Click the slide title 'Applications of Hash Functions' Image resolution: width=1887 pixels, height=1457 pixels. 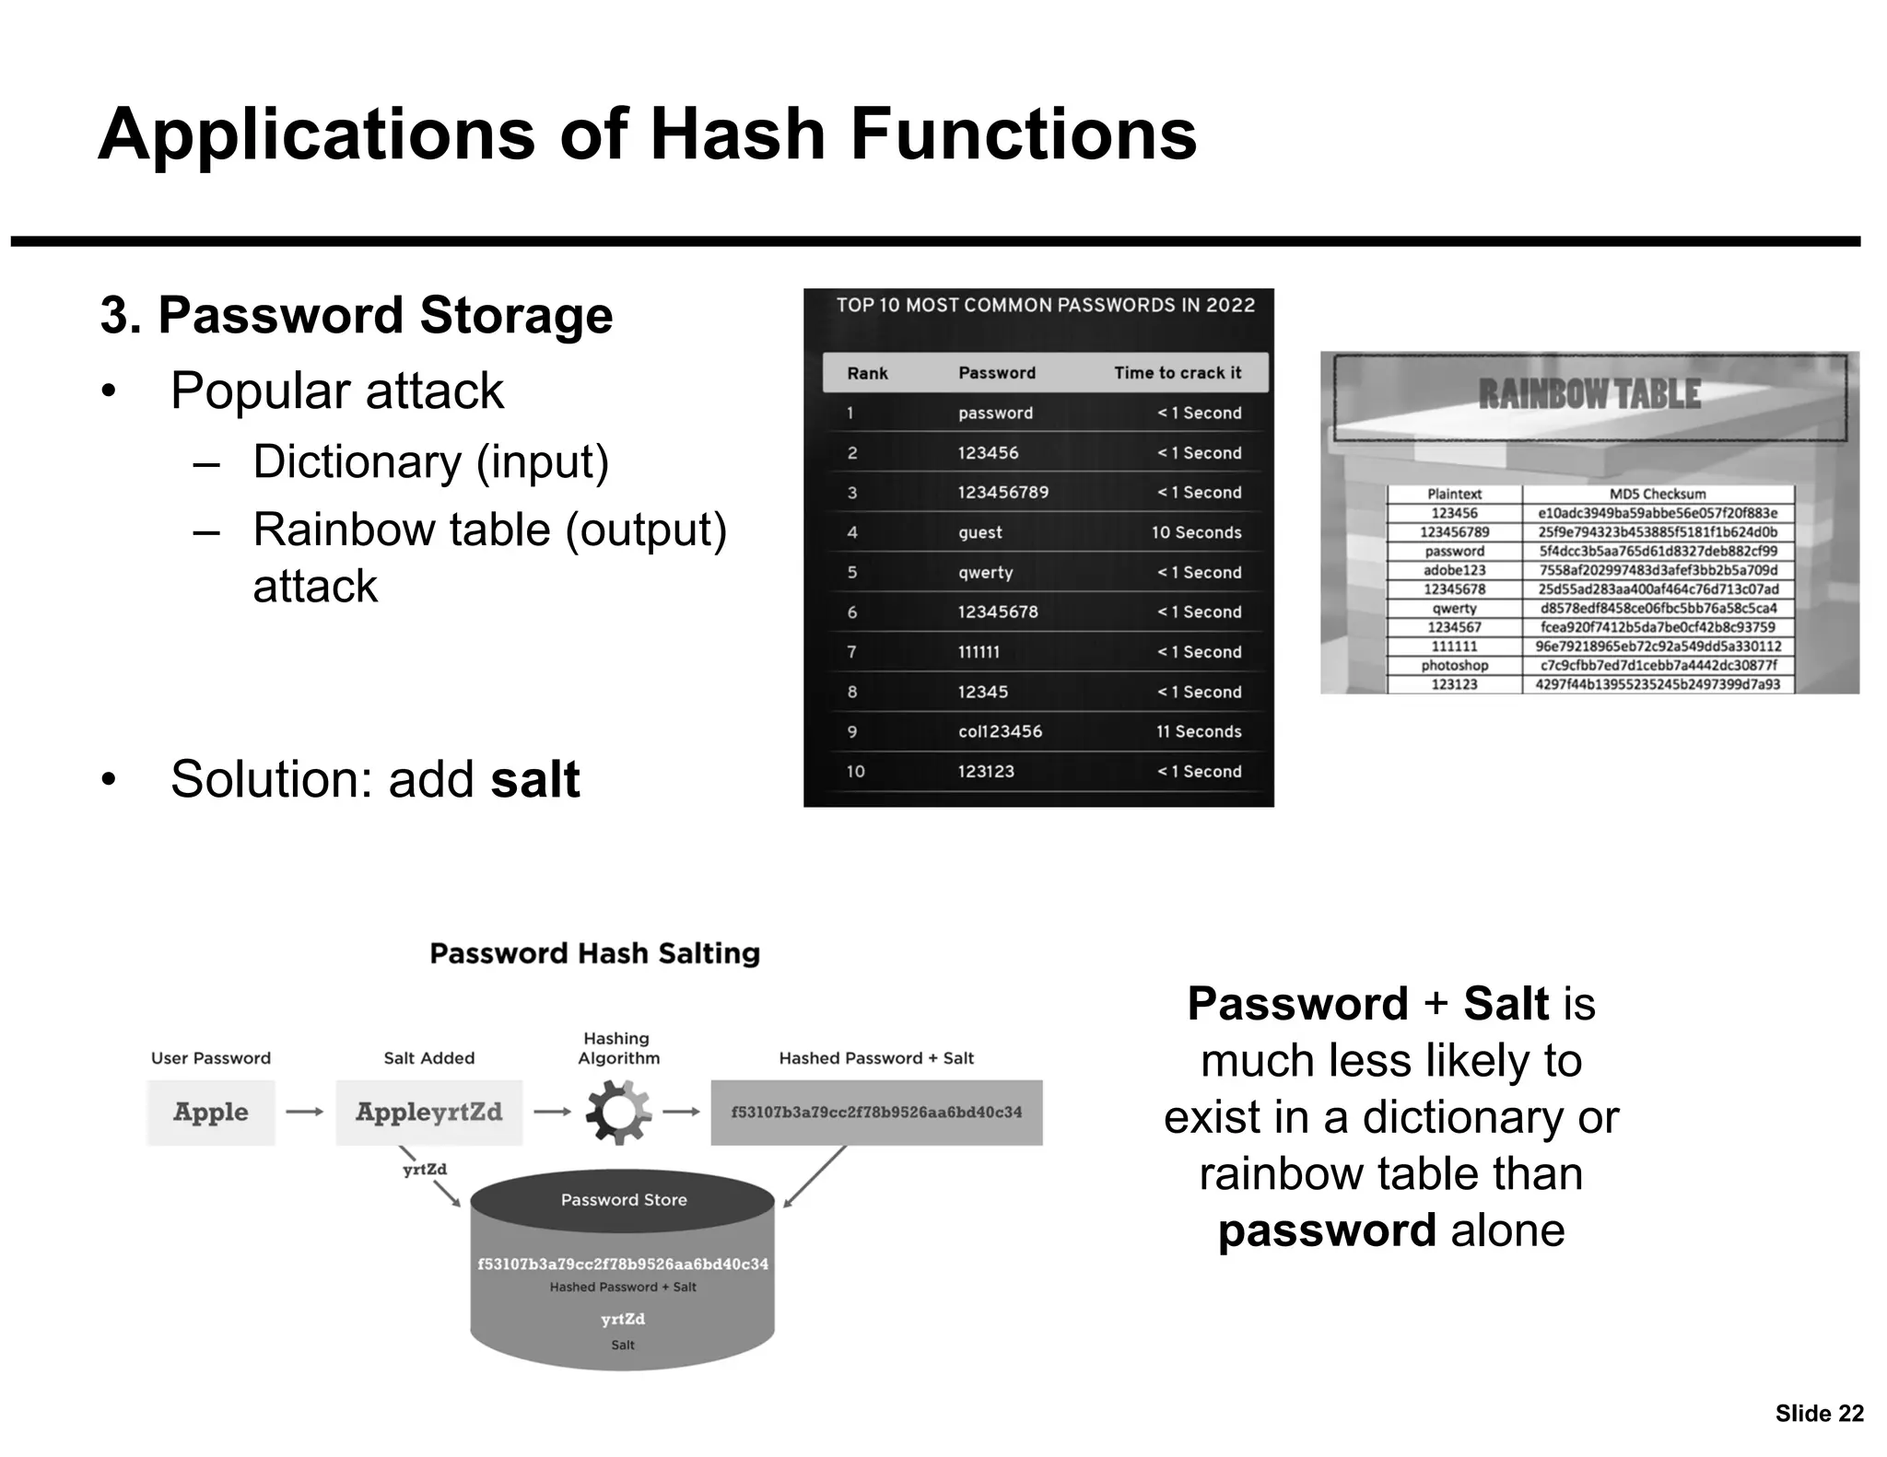click(x=647, y=135)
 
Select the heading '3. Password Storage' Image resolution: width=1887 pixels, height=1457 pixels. click(x=356, y=315)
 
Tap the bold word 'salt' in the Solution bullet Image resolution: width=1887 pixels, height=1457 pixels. click(x=534, y=779)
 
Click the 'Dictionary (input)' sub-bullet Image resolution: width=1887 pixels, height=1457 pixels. click(x=430, y=461)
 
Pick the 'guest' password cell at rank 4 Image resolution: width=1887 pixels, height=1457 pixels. click(x=979, y=532)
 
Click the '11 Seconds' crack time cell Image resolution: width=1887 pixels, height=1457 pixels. click(x=1198, y=731)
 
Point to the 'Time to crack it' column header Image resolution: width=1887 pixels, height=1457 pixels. click(x=1177, y=373)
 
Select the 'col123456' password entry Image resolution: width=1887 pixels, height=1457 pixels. click(x=1000, y=731)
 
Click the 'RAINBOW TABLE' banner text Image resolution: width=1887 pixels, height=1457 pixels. click(x=1588, y=394)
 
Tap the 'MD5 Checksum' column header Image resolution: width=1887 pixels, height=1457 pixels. click(x=1657, y=495)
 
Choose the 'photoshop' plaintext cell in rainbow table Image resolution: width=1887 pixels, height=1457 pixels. click(x=1454, y=665)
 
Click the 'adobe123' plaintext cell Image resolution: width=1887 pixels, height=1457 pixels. click(x=1454, y=570)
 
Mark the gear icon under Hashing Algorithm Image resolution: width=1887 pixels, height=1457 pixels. click(x=618, y=1113)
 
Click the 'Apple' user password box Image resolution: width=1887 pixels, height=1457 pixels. click(x=211, y=1113)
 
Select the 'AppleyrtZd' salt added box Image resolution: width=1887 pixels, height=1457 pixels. click(x=428, y=1113)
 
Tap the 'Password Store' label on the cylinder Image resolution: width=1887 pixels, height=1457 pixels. click(x=624, y=1200)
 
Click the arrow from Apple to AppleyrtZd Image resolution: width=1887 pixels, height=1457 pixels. click(x=304, y=1113)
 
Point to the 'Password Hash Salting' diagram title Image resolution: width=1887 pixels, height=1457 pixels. click(x=594, y=953)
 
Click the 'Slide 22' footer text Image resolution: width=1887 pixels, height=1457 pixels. click(x=1819, y=1414)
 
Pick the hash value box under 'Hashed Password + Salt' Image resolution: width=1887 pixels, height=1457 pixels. click(x=876, y=1113)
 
